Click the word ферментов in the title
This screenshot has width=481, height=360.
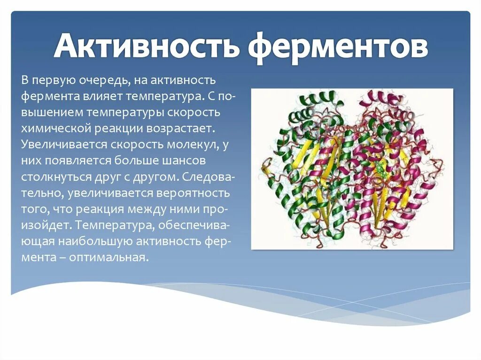click(338, 47)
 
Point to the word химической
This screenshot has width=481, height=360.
click(50, 128)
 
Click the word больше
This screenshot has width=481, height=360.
click(137, 161)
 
